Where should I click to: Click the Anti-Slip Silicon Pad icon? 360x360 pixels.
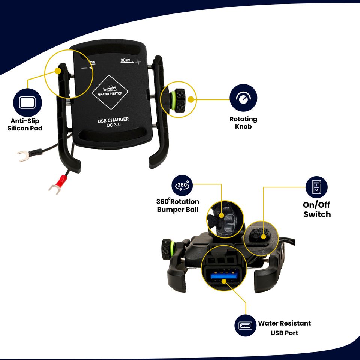pos(27,102)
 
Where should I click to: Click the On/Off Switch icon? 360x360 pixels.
pos(316,187)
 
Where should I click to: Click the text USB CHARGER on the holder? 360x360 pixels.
pos(113,120)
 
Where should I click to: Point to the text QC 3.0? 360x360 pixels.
pos(113,126)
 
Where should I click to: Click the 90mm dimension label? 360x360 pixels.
pos(125,60)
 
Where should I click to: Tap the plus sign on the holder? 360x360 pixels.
pos(138,62)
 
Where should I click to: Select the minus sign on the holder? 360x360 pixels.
pos(84,68)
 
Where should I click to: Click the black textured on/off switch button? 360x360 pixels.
pos(259,234)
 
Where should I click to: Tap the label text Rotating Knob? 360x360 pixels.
pos(243,123)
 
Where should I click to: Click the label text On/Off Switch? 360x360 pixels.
pos(317,210)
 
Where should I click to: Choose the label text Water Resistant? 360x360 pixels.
pos(284,323)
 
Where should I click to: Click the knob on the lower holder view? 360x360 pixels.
pos(166,246)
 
